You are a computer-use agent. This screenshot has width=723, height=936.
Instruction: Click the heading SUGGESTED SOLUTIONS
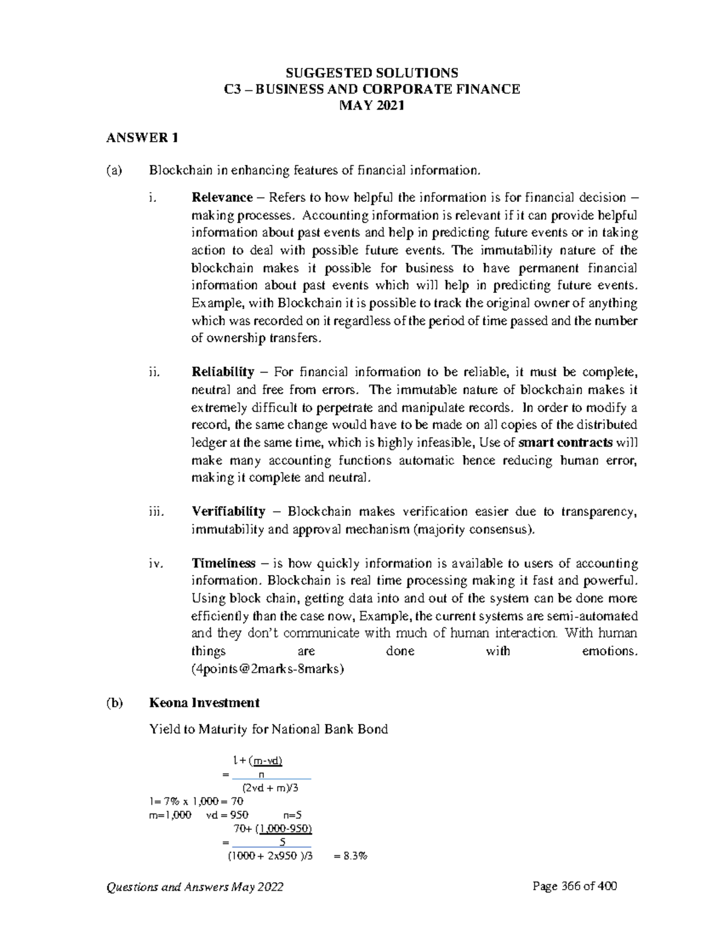(x=371, y=73)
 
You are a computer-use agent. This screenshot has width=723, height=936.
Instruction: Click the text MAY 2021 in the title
(x=371, y=105)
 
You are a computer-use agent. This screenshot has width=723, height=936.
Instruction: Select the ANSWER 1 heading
(x=142, y=138)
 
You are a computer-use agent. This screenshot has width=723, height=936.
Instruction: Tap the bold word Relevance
(x=222, y=198)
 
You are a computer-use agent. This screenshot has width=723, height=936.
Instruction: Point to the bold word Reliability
(x=222, y=372)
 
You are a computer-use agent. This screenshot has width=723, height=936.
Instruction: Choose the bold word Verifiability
(x=228, y=512)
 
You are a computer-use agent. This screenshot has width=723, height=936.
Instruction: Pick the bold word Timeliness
(x=224, y=564)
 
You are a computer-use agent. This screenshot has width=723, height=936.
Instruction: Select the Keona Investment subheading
(x=204, y=703)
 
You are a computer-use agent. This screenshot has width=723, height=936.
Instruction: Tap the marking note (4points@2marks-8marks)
(x=268, y=668)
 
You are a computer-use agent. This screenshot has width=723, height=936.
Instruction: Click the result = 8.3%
(x=350, y=856)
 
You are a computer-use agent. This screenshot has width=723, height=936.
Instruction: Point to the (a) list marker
(x=114, y=171)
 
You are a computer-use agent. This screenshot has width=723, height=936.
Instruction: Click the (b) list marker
(x=114, y=703)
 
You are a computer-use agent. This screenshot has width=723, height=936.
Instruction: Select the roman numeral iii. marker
(x=155, y=512)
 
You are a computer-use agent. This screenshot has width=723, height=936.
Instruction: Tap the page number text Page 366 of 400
(x=575, y=886)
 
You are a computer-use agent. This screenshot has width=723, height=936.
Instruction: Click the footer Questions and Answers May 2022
(x=195, y=887)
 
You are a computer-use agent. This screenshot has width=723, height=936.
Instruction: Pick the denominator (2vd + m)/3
(x=269, y=788)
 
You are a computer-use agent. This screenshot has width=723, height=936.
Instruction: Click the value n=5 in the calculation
(x=292, y=815)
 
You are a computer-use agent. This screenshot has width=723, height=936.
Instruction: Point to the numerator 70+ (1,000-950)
(x=269, y=829)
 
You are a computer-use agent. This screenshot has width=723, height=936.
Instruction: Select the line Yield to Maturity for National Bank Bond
(x=268, y=729)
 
